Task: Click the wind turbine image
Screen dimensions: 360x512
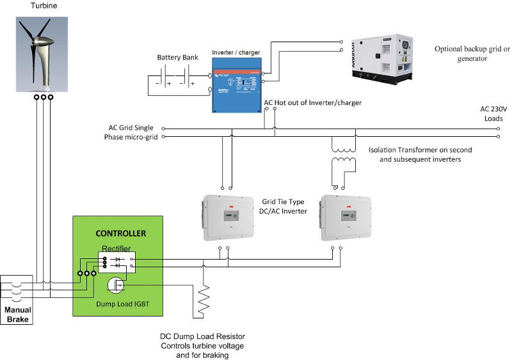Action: pyautogui.click(x=43, y=52)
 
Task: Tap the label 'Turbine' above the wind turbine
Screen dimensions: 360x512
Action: pyautogui.click(x=43, y=6)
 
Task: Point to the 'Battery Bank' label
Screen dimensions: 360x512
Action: pyautogui.click(x=177, y=58)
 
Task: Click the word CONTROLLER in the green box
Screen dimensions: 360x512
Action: pyautogui.click(x=120, y=234)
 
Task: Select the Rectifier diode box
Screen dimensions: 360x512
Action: pyautogui.click(x=117, y=262)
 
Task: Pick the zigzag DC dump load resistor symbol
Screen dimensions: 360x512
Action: pyautogui.click(x=204, y=299)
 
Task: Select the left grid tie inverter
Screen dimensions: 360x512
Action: pyautogui.click(x=236, y=217)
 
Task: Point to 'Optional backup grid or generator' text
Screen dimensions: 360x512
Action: pyautogui.click(x=472, y=53)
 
